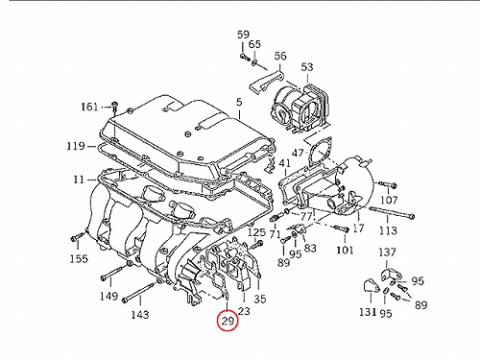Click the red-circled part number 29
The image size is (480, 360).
[228, 321]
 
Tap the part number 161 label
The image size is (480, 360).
[89, 107]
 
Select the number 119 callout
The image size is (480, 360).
[76, 146]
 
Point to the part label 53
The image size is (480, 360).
[307, 67]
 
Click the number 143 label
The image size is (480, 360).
[140, 315]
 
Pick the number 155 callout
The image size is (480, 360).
[79, 258]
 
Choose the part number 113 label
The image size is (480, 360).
[388, 230]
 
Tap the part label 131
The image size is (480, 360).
[368, 311]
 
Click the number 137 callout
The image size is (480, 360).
[387, 252]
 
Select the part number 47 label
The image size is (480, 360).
[298, 153]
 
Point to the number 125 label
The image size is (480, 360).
[257, 232]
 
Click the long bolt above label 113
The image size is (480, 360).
[392, 213]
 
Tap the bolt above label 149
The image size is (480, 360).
[114, 272]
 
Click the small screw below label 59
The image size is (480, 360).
[243, 58]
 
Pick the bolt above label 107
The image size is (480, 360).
[388, 184]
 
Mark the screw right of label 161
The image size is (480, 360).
[114, 107]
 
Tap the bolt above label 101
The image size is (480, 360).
[341, 228]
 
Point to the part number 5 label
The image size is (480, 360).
[239, 103]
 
